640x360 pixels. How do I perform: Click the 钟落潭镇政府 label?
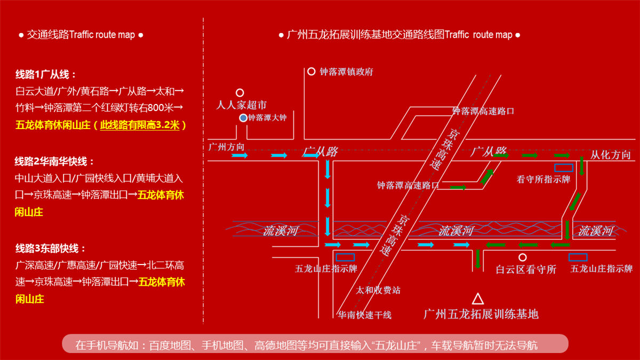coord(347,72)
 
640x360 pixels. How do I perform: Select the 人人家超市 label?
coord(241,105)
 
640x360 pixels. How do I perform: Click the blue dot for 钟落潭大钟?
coord(243,118)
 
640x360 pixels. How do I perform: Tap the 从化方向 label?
coord(610,155)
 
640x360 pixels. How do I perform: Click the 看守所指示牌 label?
coord(543,180)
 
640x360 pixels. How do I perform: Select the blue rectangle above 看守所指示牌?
coord(564,167)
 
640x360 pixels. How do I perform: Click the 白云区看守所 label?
coord(526,270)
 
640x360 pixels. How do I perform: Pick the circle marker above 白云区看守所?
coord(523,257)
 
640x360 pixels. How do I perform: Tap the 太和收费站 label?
coord(378,291)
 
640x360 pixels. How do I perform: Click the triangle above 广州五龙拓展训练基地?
coord(478,299)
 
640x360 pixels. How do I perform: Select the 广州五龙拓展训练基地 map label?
coord(481,314)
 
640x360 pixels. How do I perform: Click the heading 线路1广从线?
coord(45,74)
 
